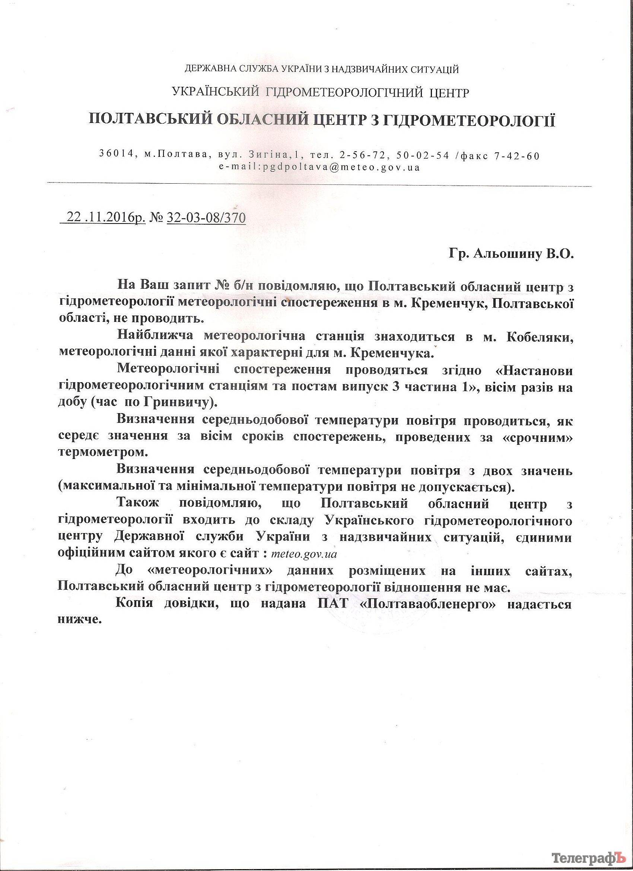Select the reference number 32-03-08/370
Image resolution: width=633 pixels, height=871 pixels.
207,218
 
